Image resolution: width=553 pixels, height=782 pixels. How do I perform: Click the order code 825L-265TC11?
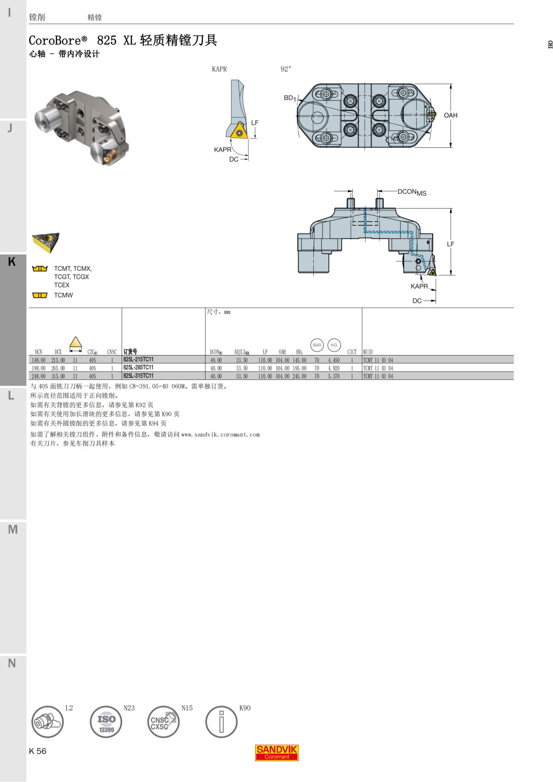138,368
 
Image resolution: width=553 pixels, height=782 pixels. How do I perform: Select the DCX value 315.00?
58,376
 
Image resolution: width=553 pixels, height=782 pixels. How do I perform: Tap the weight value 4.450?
334,361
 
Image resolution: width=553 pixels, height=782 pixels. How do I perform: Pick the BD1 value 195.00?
300,368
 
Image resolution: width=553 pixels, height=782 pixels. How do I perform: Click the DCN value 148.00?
38,361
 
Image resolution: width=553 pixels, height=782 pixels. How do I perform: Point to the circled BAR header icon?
317,345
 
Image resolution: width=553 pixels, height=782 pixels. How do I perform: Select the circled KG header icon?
334,345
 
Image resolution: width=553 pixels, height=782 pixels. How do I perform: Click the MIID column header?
368,352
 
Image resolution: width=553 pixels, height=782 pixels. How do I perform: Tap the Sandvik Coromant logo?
277,753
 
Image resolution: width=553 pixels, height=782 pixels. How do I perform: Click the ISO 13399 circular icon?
106,722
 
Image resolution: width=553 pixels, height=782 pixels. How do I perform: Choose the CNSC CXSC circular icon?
163,722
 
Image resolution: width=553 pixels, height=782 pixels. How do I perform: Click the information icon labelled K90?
221,722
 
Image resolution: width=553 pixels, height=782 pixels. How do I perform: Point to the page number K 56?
38,751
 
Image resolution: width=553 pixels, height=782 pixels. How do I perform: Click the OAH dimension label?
451,116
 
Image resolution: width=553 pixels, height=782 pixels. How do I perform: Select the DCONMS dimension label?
412,192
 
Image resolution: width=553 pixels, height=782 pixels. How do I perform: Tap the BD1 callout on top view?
289,98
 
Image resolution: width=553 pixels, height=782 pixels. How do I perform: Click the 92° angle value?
286,69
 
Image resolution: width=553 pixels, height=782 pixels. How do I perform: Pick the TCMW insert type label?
63,295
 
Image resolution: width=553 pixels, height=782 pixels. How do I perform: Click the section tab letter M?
13,529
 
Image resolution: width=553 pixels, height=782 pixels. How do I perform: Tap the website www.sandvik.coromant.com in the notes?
220,434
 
